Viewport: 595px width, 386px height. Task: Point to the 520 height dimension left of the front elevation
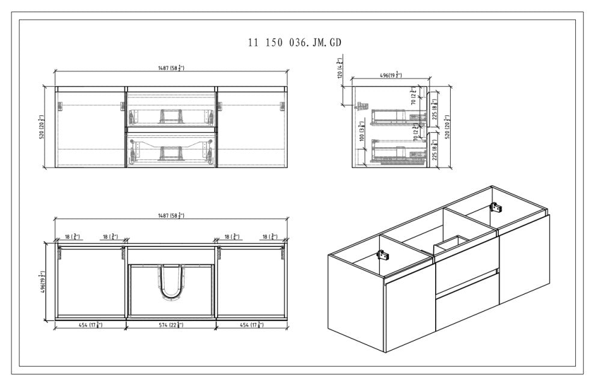pos(41,127)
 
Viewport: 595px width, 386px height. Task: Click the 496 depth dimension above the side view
pos(391,75)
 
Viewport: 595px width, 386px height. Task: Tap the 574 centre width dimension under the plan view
pos(171,325)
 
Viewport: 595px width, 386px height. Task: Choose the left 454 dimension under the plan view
pos(90,325)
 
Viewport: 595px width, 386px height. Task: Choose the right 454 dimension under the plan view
pos(251,325)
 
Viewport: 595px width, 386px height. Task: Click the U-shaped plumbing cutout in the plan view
pos(170,283)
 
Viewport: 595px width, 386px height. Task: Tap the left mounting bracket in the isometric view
pos(382,254)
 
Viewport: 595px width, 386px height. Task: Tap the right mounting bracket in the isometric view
pos(496,207)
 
